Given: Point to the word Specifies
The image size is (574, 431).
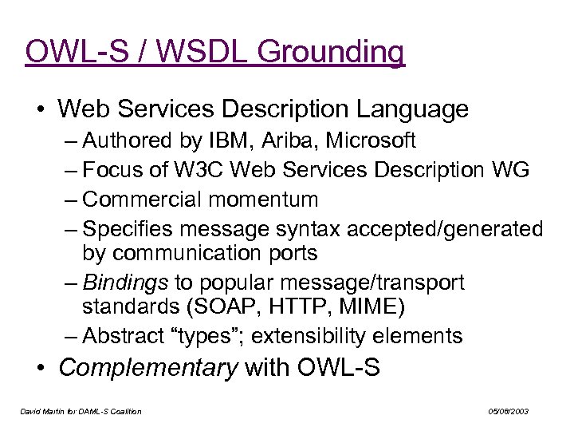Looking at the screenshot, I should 129,228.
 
